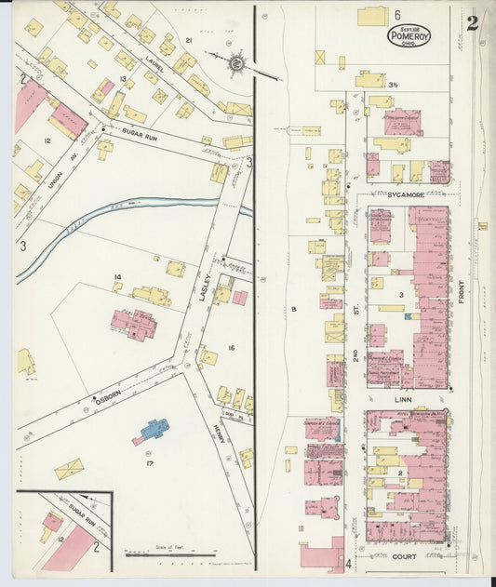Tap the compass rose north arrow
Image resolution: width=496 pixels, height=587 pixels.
tap(236, 63)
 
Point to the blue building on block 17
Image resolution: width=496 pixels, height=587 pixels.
tap(154, 430)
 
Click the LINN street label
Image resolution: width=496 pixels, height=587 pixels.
tap(403, 398)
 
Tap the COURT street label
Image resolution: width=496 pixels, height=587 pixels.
tap(404, 555)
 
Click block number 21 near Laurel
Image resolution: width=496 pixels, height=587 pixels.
tap(188, 41)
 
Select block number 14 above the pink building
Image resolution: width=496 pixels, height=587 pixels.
tap(118, 277)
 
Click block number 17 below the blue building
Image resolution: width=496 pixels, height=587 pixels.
tap(148, 462)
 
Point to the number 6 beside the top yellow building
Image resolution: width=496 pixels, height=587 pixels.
tap(396, 15)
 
